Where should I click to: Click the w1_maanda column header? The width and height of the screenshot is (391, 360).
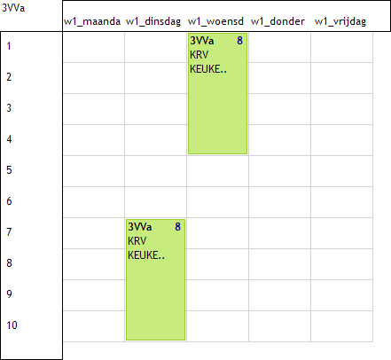coord(92,21)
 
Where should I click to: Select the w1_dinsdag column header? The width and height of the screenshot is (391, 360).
coord(153,21)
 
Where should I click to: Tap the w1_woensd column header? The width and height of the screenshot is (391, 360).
coord(215,21)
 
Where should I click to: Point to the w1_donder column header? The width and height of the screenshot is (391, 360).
coord(278,21)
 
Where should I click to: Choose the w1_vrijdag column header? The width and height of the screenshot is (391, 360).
coord(340,21)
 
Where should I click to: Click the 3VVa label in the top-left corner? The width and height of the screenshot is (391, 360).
coord(13,8)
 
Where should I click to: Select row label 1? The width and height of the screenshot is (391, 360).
coord(9,46)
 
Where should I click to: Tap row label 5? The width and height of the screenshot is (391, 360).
coord(9,170)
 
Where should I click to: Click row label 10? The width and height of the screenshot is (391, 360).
coord(12,325)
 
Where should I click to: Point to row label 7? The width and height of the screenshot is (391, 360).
coord(9,232)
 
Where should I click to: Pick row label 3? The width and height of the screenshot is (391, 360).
coord(9,108)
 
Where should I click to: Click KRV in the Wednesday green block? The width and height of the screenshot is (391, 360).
coord(199,55)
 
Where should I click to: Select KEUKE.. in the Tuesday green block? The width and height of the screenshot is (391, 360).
coord(146,255)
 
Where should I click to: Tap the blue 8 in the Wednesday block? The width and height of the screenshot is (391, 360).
coord(239,41)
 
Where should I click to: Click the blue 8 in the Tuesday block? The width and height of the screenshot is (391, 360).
coord(177,227)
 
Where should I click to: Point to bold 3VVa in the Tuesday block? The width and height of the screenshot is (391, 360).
coord(140,227)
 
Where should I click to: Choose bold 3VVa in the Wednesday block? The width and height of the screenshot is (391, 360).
coord(202,41)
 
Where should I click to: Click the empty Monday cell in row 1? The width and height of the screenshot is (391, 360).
coord(94,47)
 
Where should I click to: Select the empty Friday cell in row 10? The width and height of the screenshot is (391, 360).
coord(342,326)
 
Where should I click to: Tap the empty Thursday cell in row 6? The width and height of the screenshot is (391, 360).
coord(280,202)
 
